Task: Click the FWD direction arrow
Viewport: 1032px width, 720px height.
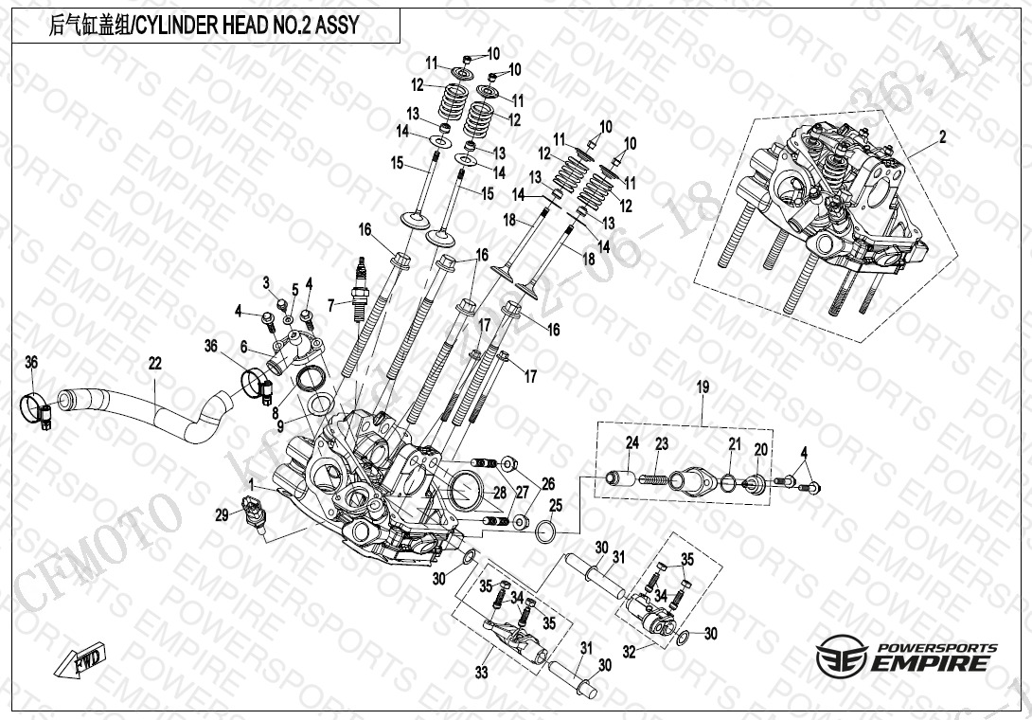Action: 85,661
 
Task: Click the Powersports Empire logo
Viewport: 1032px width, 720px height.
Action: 907,657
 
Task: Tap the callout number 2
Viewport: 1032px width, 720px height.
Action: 942,137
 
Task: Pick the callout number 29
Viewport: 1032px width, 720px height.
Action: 222,515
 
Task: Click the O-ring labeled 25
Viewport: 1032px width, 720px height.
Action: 546,531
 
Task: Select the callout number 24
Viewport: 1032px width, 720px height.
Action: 632,442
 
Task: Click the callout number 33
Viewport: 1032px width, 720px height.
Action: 482,673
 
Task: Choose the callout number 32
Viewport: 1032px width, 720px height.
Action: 627,653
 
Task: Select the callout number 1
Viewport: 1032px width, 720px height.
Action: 250,484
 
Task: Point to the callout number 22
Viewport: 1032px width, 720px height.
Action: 154,362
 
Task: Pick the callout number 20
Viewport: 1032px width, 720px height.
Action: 760,448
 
